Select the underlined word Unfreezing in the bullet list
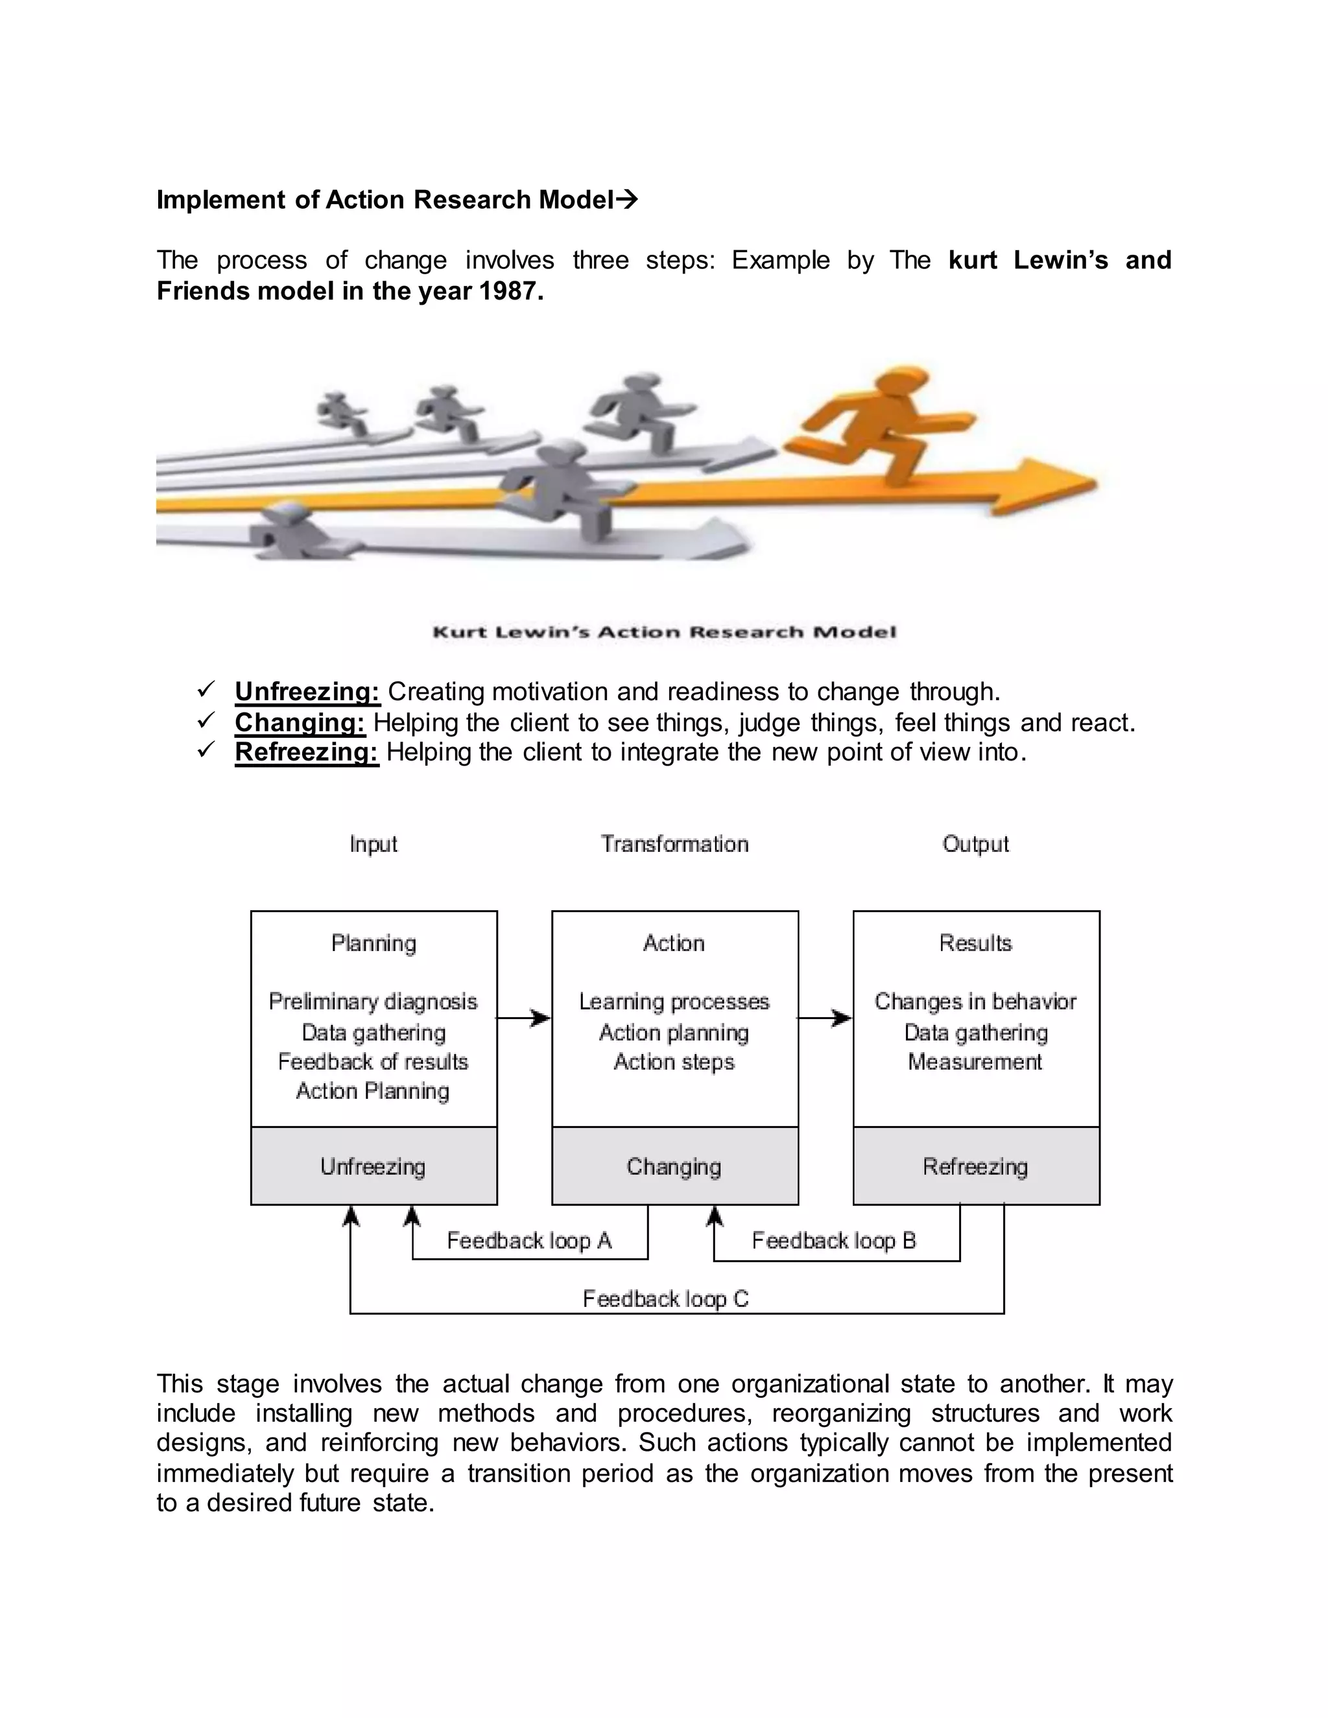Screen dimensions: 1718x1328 [307, 692]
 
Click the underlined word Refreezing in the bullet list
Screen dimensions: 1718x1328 [306, 752]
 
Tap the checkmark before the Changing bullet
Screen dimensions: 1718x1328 [206, 720]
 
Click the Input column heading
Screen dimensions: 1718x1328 [373, 844]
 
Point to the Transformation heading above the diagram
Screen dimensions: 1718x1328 [674, 844]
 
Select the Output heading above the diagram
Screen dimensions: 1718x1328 [975, 844]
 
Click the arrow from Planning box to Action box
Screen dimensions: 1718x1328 [524, 1018]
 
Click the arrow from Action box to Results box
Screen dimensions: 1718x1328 [825, 1018]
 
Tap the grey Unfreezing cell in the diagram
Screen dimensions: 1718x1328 [373, 1166]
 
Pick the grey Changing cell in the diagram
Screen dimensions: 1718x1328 [674, 1166]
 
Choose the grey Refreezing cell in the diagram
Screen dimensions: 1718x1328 [975, 1166]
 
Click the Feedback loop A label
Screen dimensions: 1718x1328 [528, 1240]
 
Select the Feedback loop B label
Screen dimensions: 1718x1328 [834, 1240]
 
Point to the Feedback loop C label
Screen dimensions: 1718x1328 [665, 1299]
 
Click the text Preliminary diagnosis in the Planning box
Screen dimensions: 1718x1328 [373, 1002]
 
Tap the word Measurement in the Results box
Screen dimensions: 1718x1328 [975, 1062]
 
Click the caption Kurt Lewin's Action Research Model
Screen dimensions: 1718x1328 [665, 631]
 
